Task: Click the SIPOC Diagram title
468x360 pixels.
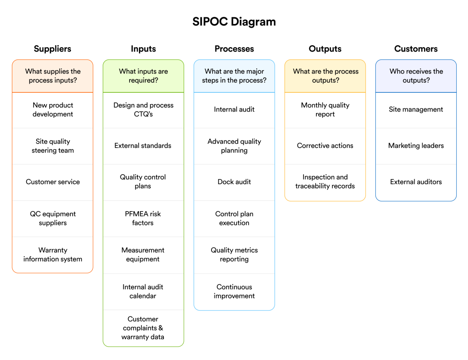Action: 234,22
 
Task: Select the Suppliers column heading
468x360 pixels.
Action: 52,49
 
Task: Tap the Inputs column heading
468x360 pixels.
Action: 143,49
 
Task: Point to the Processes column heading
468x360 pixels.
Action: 234,49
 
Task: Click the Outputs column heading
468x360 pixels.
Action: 325,49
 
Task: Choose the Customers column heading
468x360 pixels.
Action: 416,49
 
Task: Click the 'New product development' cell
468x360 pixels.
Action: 53,110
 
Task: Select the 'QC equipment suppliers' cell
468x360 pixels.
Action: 53,218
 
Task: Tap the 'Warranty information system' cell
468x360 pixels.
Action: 53,255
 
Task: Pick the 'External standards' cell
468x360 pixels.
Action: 143,146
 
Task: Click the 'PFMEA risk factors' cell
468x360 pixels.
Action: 143,218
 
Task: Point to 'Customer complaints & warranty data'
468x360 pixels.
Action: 143,328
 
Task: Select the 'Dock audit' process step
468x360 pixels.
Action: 234,182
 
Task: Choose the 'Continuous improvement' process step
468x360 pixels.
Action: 234,291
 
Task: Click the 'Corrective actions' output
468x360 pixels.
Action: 325,146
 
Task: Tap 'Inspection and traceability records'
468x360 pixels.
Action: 325,182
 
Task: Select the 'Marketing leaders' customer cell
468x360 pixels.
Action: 416,146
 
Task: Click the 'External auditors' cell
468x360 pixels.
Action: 416,182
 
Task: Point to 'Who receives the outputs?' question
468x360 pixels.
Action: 416,76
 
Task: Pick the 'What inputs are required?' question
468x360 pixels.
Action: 143,76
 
